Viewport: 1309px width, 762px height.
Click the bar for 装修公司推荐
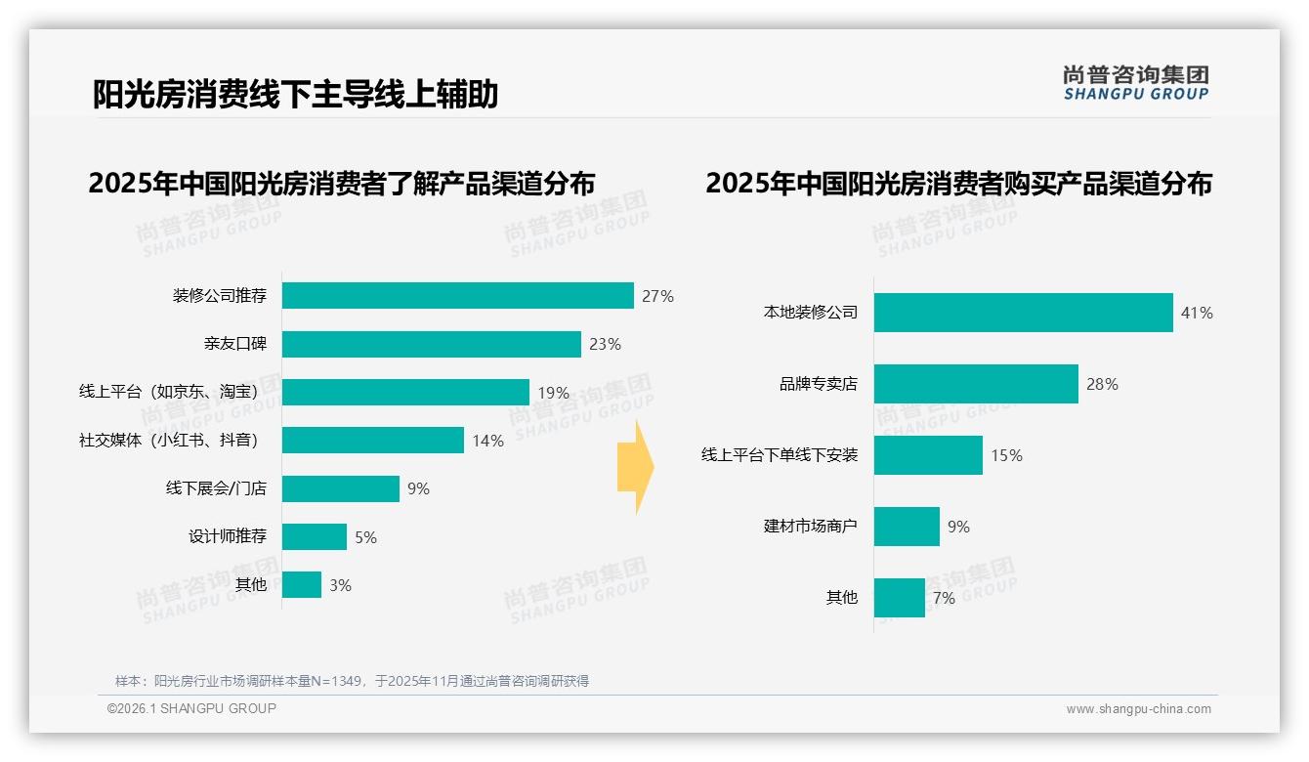(x=457, y=295)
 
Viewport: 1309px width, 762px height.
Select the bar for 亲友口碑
(x=431, y=344)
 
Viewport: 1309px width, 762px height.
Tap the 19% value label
(x=553, y=393)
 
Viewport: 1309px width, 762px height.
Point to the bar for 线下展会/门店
(x=341, y=488)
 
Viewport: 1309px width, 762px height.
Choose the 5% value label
(x=365, y=537)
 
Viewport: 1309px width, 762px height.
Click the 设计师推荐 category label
(x=228, y=536)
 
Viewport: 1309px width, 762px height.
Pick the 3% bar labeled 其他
(x=302, y=585)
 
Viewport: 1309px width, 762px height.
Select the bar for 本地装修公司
(x=1023, y=313)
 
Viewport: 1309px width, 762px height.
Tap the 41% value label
(x=1197, y=313)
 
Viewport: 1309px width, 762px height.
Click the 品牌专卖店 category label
(x=818, y=384)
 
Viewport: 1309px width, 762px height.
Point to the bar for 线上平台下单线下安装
(x=928, y=455)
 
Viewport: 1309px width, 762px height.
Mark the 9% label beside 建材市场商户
(x=958, y=527)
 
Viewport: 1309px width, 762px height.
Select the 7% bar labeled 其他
(x=899, y=598)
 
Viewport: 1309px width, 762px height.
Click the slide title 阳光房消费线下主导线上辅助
(x=295, y=94)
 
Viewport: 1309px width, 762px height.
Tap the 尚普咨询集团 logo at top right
(x=1135, y=83)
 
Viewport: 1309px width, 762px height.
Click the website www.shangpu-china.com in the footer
(x=1138, y=709)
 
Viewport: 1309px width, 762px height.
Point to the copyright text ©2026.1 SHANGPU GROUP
(x=191, y=708)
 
